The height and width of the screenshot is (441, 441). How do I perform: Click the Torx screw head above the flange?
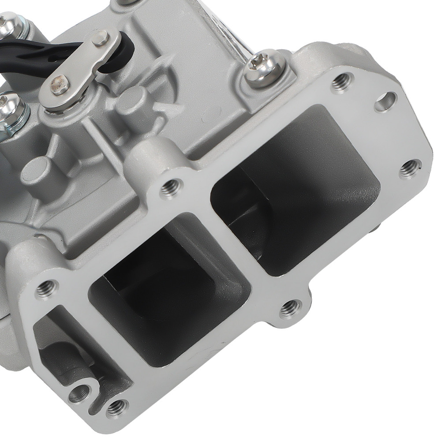pyautogui.click(x=265, y=67)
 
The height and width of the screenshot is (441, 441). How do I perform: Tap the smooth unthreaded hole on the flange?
pyautogui.click(x=385, y=102)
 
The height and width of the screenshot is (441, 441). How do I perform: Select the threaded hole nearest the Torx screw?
pyautogui.click(x=342, y=82)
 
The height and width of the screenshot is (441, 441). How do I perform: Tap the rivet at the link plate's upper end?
pyautogui.click(x=100, y=39)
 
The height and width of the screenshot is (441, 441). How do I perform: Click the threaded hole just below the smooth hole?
pyautogui.click(x=410, y=168)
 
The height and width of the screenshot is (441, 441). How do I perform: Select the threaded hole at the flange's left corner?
pyautogui.click(x=47, y=289)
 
